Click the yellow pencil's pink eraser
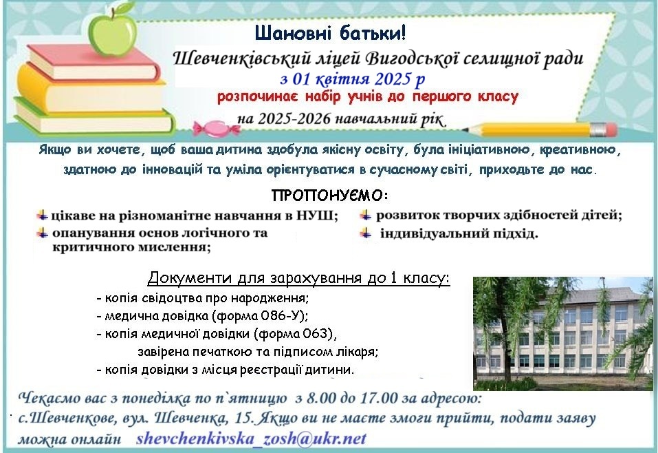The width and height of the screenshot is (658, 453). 611,130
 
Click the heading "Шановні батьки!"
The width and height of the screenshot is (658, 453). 330,33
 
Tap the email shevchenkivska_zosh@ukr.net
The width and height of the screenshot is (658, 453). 252,439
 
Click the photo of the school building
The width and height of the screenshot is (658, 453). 562,334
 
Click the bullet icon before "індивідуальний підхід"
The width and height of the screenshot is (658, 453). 366,233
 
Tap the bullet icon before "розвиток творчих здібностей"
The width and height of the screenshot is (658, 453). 366,215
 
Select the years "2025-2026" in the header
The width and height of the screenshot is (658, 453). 294,119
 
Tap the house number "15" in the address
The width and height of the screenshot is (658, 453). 244,418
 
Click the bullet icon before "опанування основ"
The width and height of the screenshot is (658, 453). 43,233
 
